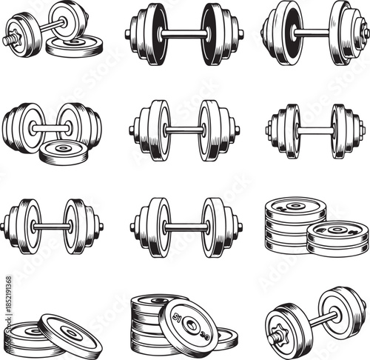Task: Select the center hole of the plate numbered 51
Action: (x=189, y=326)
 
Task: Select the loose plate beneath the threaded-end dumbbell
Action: (x=74, y=45)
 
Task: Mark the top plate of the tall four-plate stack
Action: (x=295, y=208)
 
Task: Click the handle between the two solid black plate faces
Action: (x=184, y=33)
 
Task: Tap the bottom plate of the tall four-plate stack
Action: (x=285, y=245)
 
